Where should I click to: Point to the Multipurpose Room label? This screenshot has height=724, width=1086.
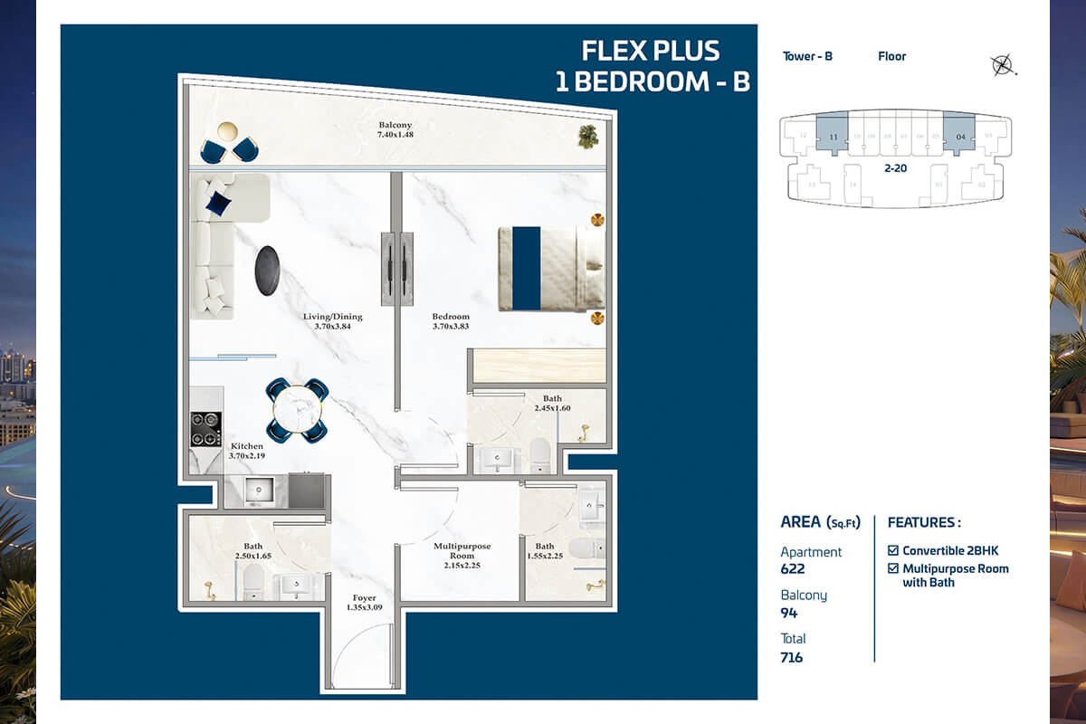[x=462, y=551]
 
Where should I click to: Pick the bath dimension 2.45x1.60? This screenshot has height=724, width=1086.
[x=552, y=409]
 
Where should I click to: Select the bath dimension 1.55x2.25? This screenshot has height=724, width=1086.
[x=545, y=557]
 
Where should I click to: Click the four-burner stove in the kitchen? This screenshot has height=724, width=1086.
[x=206, y=429]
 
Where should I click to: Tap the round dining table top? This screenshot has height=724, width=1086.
[x=297, y=409]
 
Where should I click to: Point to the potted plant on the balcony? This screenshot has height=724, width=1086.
[x=589, y=136]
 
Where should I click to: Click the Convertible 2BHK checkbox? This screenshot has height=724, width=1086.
[x=893, y=550]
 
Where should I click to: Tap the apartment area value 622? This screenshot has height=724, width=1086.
[x=793, y=569]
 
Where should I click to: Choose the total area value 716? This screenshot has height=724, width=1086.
[x=792, y=657]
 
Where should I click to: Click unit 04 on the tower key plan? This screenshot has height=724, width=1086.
[x=959, y=137]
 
